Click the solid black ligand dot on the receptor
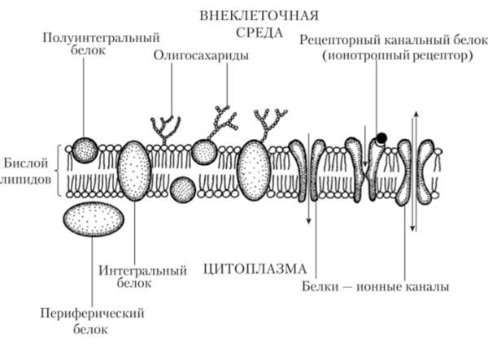[x=381, y=137]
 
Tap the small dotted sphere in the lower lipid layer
[x=182, y=190]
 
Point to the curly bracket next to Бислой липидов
[x=59, y=171]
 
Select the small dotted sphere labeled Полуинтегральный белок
[x=85, y=150]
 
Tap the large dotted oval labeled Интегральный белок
[x=134, y=172]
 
